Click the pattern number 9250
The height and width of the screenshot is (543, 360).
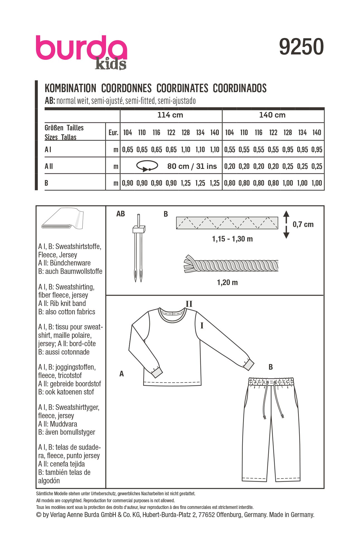click(301, 47)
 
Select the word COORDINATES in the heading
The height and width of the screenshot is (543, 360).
click(182, 88)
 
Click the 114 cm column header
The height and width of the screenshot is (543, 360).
click(170, 115)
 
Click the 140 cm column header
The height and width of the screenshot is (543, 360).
click(272, 115)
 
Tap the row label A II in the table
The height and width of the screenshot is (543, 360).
click(49, 166)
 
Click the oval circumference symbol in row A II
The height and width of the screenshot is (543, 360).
click(147, 166)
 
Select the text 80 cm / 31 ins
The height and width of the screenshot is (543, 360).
click(192, 166)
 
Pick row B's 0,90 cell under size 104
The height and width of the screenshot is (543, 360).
click(128, 183)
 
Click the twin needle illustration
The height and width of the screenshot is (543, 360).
click(138, 248)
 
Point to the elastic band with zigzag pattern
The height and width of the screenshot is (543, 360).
click(227, 223)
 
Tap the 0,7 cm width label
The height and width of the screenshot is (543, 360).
click(303, 224)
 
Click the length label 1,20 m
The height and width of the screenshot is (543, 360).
click(227, 283)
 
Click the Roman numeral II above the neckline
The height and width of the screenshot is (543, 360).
click(189, 304)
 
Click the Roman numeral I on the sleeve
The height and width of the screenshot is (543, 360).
click(202, 326)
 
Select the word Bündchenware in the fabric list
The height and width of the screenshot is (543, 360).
click(70, 263)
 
